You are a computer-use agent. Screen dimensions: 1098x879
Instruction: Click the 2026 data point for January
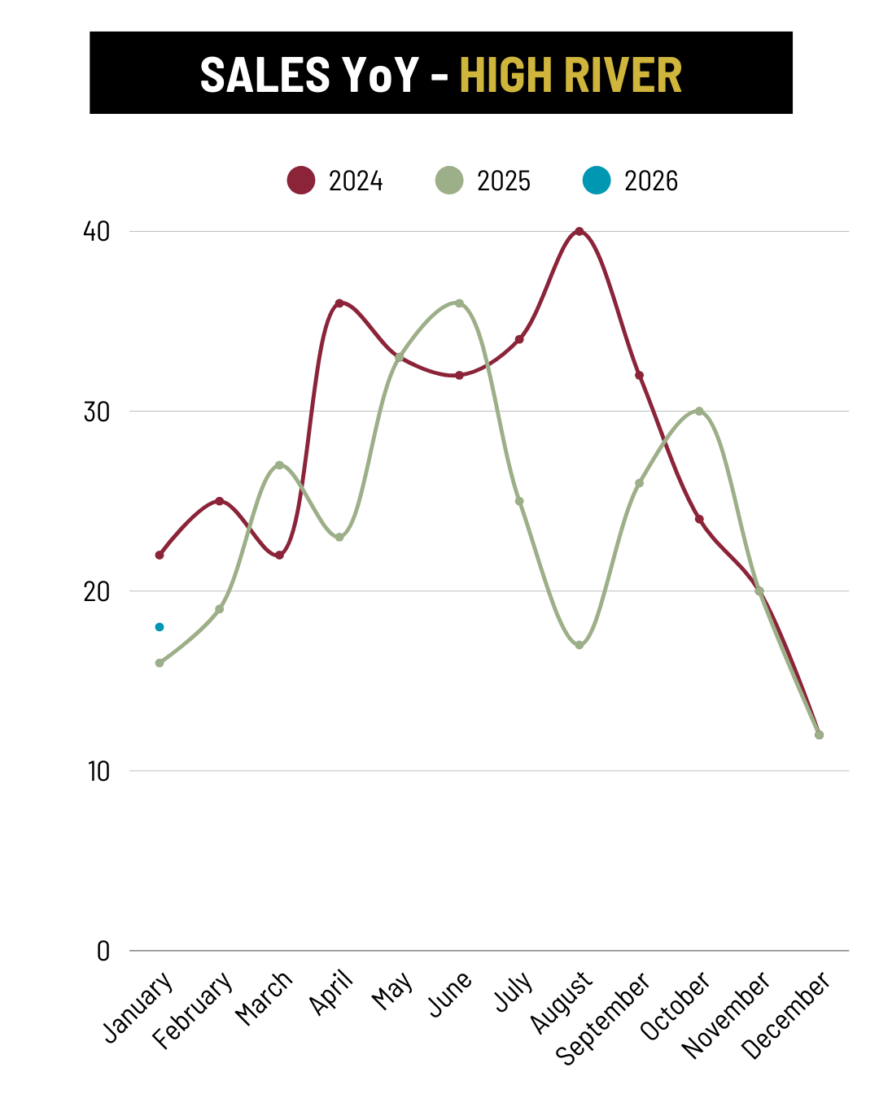(x=160, y=627)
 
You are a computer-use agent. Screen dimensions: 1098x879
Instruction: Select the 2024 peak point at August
(x=579, y=232)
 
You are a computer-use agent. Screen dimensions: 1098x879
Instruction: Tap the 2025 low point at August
(x=579, y=645)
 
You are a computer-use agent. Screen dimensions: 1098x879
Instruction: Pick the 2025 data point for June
(x=459, y=303)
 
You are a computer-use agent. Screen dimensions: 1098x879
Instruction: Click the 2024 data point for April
(x=339, y=303)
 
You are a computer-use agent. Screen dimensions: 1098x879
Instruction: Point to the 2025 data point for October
(x=699, y=411)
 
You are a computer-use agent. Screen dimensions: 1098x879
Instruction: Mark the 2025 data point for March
(x=279, y=465)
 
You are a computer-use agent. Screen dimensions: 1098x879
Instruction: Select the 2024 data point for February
(x=219, y=501)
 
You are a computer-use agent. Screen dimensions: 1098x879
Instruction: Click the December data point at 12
(x=819, y=734)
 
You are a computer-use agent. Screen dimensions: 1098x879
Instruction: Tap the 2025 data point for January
(x=160, y=663)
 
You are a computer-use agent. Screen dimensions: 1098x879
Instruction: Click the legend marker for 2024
(x=301, y=181)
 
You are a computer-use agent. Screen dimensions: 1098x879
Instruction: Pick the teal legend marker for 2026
(x=597, y=181)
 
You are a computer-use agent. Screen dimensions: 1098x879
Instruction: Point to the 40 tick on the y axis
(x=96, y=232)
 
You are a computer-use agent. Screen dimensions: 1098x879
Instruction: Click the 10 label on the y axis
(x=98, y=771)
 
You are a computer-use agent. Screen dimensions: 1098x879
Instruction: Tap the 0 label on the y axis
(x=103, y=951)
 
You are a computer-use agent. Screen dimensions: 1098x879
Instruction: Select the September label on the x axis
(x=603, y=1017)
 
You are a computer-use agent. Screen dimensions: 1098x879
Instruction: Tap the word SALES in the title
(x=265, y=75)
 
